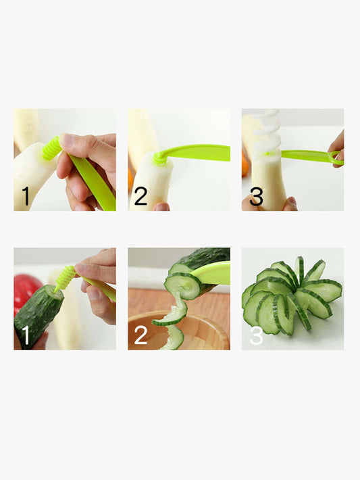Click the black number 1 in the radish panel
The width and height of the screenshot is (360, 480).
tap(26, 196)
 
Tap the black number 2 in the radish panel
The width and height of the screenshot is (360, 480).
tap(140, 196)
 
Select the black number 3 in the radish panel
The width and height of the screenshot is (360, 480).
tap(256, 196)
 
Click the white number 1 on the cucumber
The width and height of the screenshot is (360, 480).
tap(26, 335)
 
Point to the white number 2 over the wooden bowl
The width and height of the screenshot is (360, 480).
tap(140, 335)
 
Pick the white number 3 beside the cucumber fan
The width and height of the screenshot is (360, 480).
tap(256, 335)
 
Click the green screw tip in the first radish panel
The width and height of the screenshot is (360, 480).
tap(51, 149)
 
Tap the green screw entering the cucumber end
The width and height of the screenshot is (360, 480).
tap(65, 278)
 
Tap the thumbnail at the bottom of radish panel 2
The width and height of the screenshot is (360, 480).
tap(161, 207)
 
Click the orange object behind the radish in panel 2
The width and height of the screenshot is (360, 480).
tap(131, 178)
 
